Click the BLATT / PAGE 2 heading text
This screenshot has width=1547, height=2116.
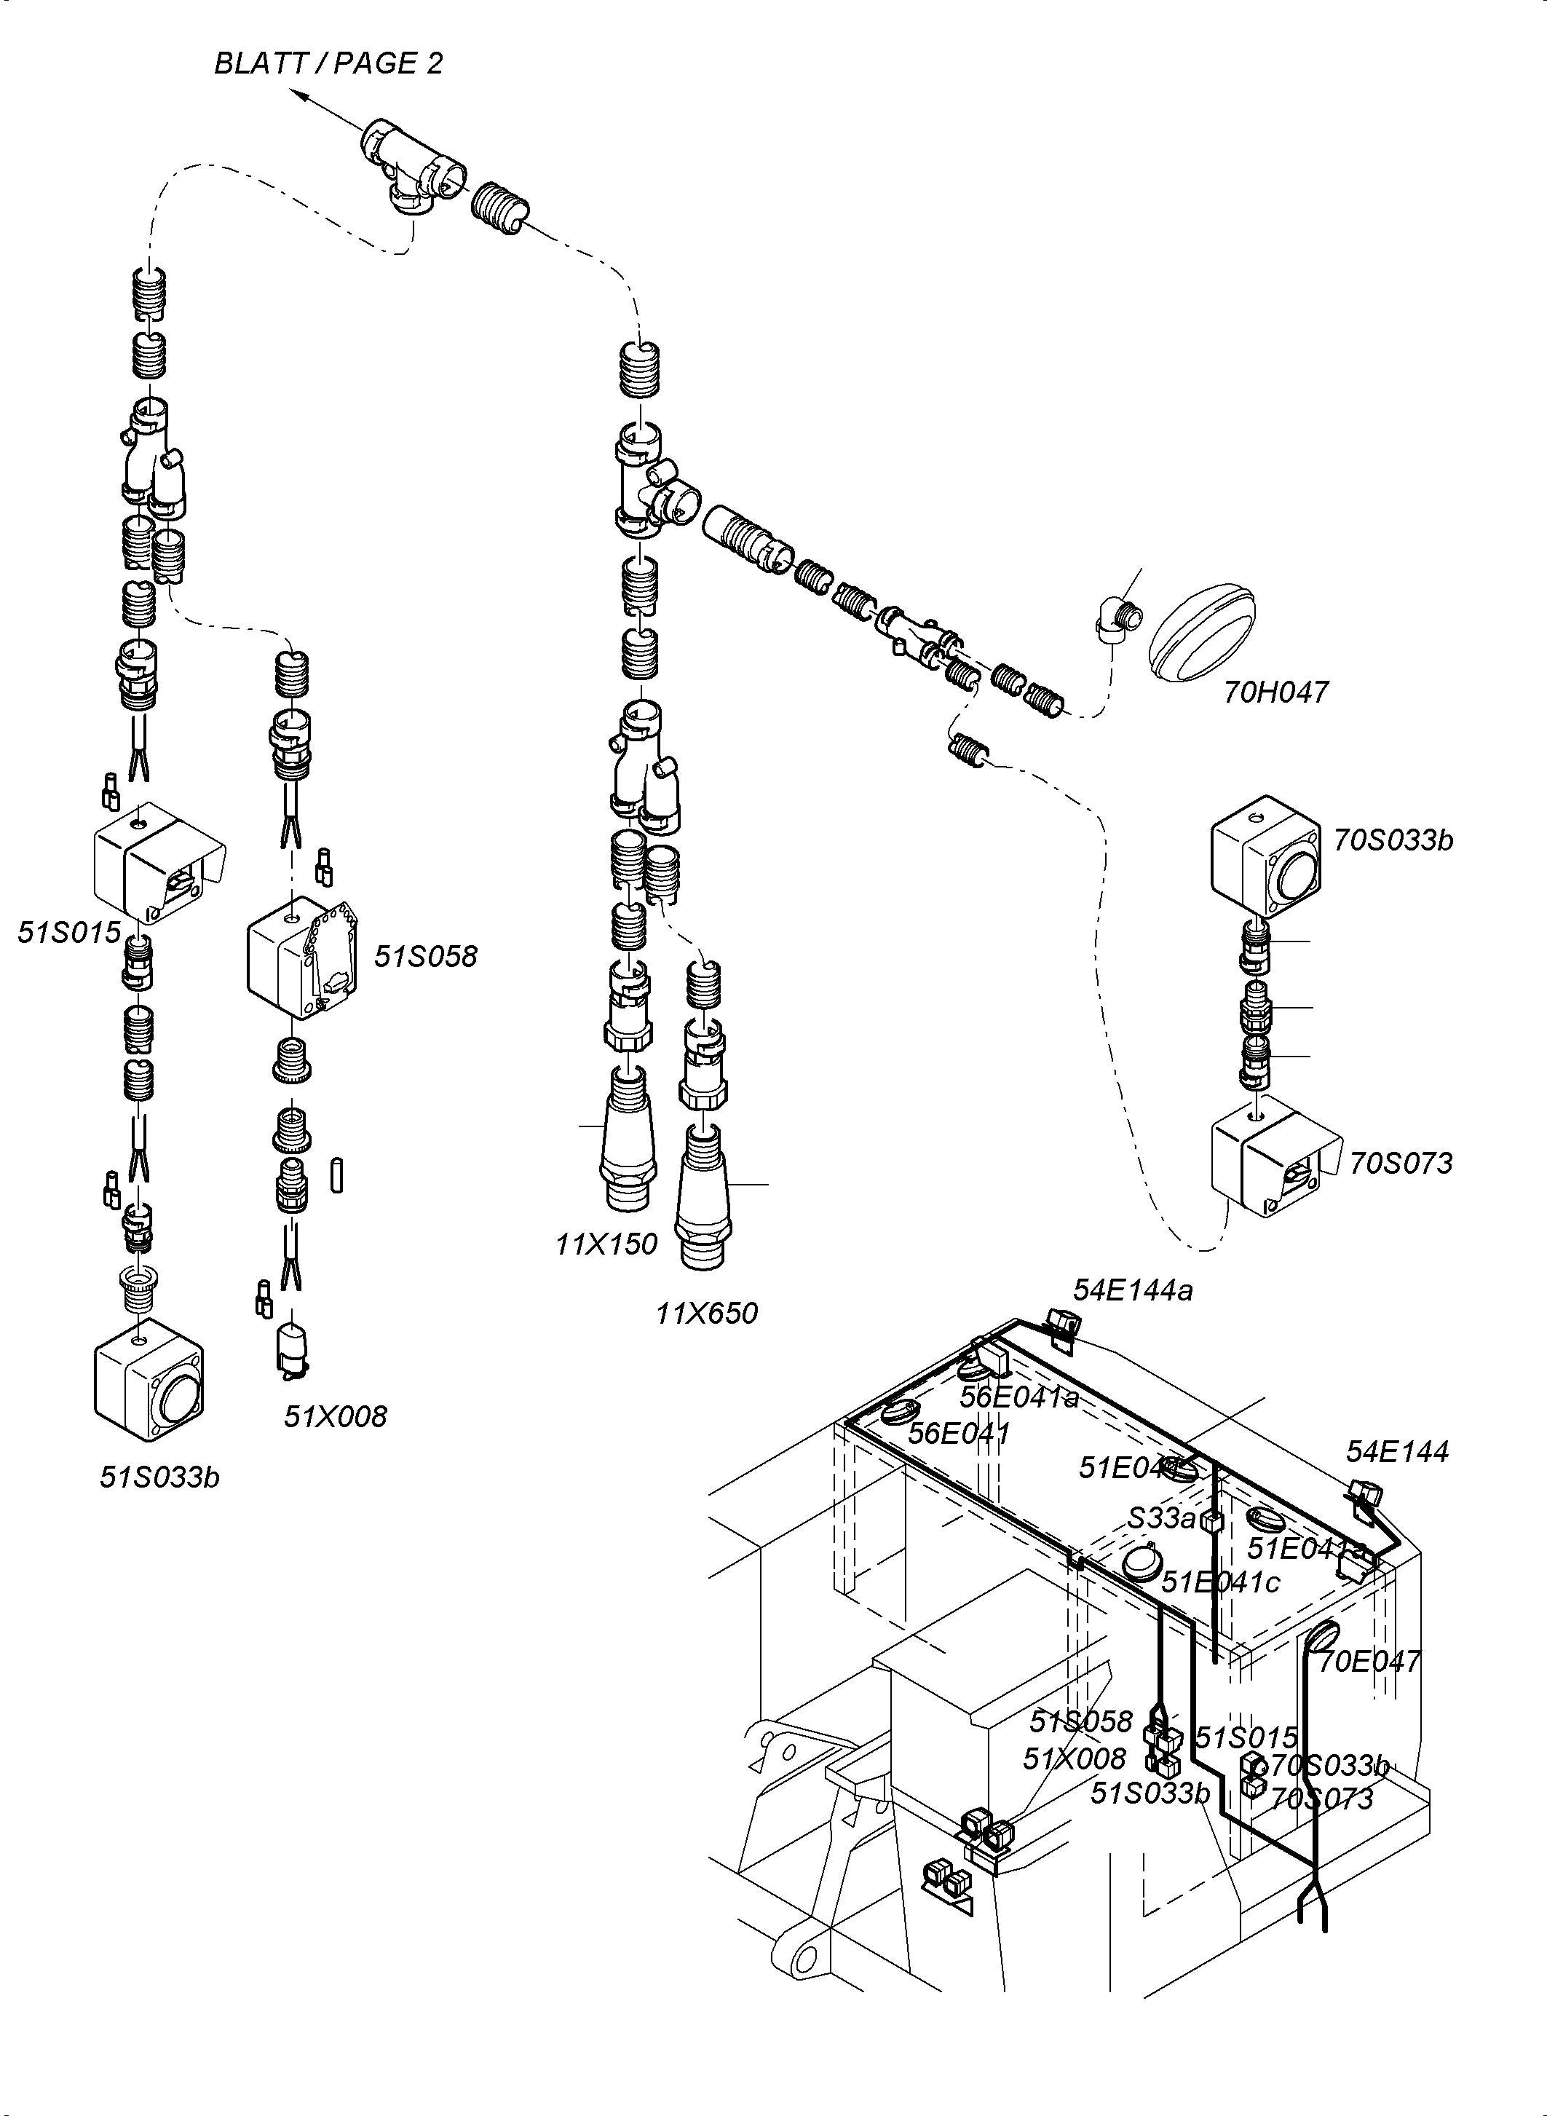tap(328, 63)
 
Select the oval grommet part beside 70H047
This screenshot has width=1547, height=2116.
tap(1200, 634)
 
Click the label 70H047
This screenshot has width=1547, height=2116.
tap(1275, 692)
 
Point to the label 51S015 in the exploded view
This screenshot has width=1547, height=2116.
tap(69, 932)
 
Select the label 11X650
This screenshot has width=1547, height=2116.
tap(706, 1314)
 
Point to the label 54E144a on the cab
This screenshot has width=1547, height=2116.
tap(1133, 1291)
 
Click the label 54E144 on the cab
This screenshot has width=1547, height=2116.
tap(1397, 1452)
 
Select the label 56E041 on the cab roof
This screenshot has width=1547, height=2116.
tap(960, 1433)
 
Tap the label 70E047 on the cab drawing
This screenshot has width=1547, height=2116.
tap(1369, 1662)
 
